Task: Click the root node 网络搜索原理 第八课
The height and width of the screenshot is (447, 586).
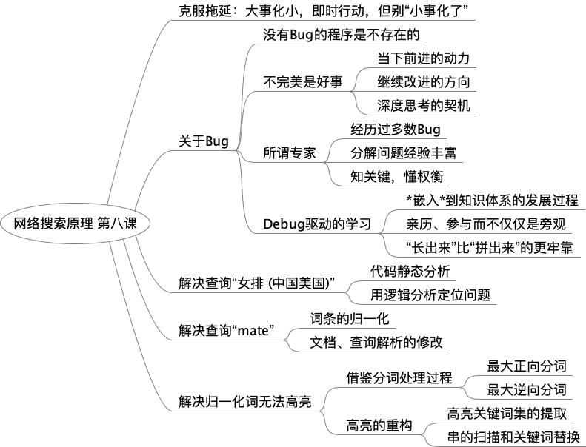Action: (x=76, y=223)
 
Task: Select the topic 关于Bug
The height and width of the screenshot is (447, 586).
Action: (x=204, y=141)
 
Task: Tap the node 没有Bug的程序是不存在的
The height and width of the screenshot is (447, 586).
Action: (x=342, y=35)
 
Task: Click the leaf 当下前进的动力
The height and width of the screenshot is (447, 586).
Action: (x=423, y=58)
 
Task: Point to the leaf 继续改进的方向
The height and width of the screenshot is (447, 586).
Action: (x=423, y=81)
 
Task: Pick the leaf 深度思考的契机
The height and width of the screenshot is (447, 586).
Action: (x=423, y=105)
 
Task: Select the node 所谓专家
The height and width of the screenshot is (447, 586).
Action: (x=290, y=153)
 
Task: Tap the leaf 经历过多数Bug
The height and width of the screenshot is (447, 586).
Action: (x=396, y=130)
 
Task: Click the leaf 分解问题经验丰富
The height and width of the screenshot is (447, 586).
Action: (x=403, y=153)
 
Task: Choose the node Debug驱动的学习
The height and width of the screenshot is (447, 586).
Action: (x=317, y=223)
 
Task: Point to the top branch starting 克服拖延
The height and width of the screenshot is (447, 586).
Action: (x=326, y=10)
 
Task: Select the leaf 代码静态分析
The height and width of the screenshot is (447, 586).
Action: (x=410, y=271)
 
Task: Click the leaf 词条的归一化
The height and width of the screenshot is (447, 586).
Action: (x=349, y=319)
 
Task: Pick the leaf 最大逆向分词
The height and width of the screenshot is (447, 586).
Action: (x=526, y=389)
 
